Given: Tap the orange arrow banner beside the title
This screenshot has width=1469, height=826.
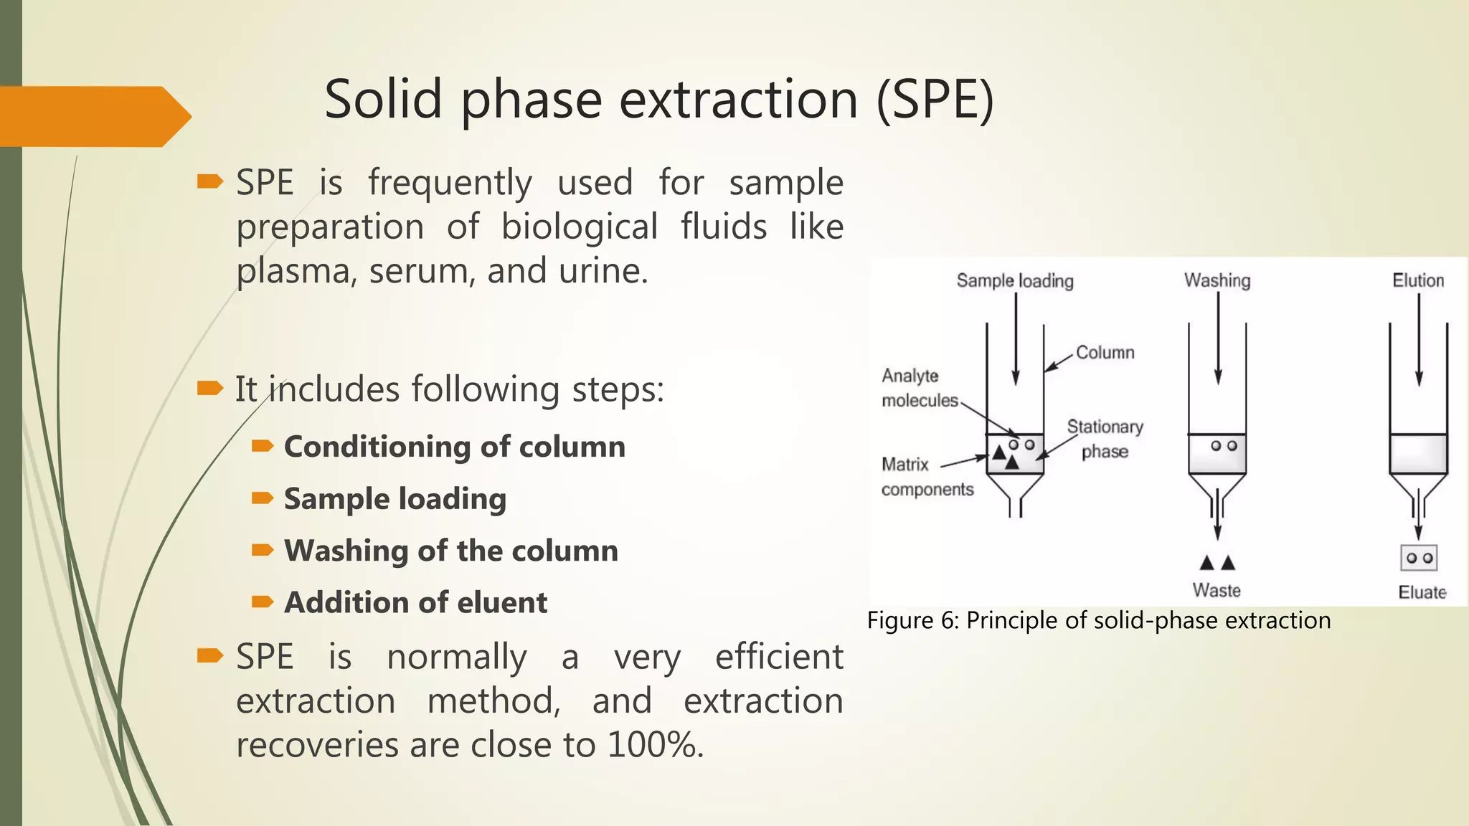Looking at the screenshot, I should (x=93, y=116).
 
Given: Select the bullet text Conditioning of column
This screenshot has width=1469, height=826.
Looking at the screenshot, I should (x=455, y=447).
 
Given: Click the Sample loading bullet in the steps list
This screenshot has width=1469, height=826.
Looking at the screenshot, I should (x=395, y=499).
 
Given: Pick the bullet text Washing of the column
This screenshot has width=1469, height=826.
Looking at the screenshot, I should (x=451, y=551).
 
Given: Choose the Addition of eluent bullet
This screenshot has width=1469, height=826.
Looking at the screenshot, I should (x=416, y=602).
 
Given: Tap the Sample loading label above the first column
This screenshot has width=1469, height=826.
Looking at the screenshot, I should (x=1015, y=281).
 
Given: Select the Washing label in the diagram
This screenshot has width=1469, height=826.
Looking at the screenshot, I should (x=1217, y=280).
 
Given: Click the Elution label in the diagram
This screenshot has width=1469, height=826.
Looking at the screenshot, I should (x=1418, y=280).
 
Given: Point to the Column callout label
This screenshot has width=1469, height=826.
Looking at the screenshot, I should (x=1105, y=353).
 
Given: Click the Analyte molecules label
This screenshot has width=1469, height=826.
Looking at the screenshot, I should (x=919, y=388).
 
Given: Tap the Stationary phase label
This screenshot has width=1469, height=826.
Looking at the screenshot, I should (x=1105, y=439).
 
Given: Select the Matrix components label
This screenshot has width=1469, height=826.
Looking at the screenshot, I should (x=927, y=477).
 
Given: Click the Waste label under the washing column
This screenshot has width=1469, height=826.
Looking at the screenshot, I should (x=1217, y=590).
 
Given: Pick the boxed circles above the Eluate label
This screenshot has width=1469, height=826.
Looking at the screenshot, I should (x=1419, y=558).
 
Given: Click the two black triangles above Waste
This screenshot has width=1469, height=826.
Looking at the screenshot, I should (x=1217, y=563).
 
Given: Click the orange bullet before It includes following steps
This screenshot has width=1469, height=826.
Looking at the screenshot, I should (x=209, y=389).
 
